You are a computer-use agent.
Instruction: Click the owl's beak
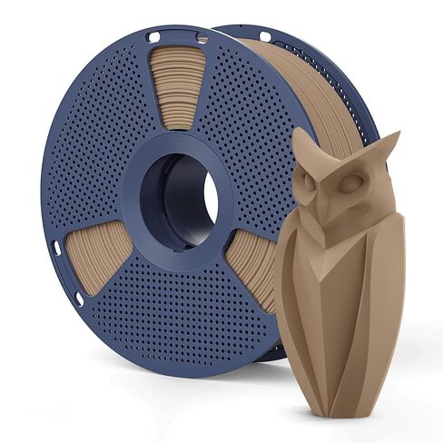point(331,202)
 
